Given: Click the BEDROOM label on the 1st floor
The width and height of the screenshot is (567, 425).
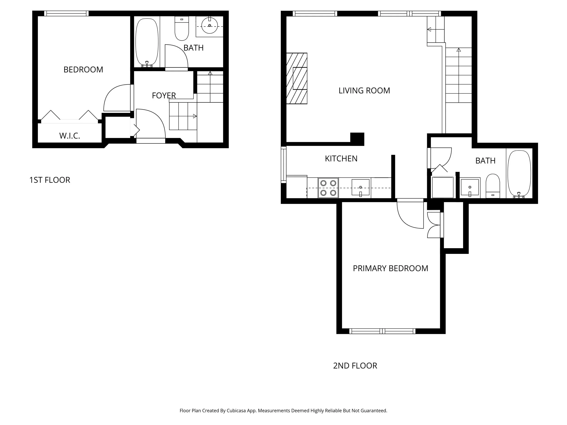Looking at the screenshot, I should coord(83,69).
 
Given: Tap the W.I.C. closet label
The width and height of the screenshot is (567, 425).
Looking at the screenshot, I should coord(69,136).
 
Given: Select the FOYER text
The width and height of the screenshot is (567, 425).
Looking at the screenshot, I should coord(164,96).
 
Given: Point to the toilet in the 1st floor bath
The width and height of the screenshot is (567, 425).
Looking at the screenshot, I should coord(181,29).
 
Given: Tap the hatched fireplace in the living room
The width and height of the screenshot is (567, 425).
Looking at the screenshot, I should coord(297,78).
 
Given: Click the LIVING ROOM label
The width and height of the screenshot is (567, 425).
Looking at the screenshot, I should coord(364,90).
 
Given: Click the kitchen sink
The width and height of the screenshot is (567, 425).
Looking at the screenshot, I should coord(360,187).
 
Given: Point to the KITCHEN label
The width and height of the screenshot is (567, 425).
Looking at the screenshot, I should coord(341,159).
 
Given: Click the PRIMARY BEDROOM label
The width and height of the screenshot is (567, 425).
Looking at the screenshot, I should coord(390,268).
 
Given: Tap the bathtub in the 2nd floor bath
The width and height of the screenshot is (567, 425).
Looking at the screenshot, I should coord(519,174).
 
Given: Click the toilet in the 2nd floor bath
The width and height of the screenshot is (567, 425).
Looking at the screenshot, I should coord(493,186).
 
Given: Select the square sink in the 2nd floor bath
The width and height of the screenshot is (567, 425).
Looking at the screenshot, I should coord(470,187).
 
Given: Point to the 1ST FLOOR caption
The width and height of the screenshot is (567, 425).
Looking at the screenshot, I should coord(50,180).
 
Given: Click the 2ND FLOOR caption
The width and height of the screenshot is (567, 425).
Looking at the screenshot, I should coord(355,366).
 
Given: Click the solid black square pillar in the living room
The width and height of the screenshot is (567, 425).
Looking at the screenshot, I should coord(357,139).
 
